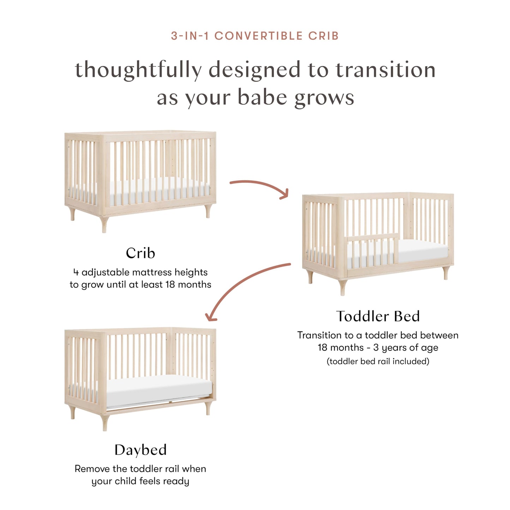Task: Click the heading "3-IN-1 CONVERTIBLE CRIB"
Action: pyautogui.click(x=255, y=36)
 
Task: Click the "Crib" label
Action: pyautogui.click(x=140, y=253)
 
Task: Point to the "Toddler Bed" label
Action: pyautogui.click(x=378, y=316)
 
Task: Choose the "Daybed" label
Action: pyautogui.click(x=140, y=450)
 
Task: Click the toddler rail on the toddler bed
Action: pyautogui.click(x=372, y=249)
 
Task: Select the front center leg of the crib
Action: pyautogui.click(x=104, y=224)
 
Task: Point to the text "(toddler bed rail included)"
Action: pyautogui.click(x=378, y=361)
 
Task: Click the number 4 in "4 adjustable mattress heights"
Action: pyautogui.click(x=76, y=272)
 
